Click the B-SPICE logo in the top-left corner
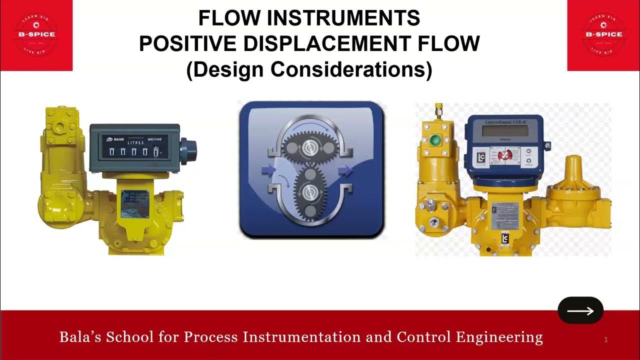[36, 34]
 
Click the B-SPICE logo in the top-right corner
[603, 34]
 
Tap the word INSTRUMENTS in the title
[344, 18]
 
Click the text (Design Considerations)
[309, 69]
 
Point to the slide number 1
[605, 340]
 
